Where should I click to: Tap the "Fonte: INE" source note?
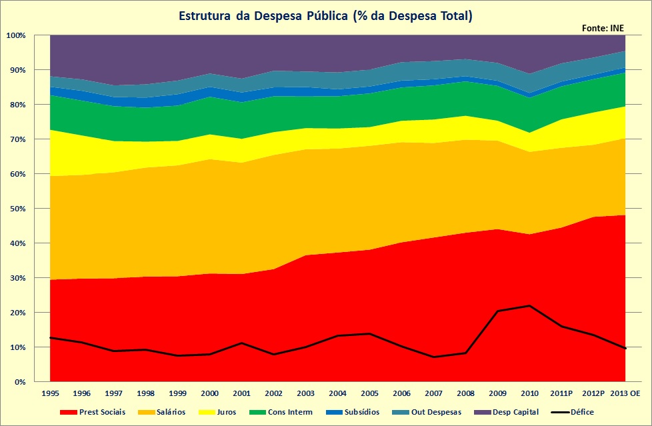point(604,28)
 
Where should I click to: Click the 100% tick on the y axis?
point(16,35)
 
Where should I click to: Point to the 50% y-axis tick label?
point(18,209)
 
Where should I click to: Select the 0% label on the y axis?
point(20,382)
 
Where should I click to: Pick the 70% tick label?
point(18,139)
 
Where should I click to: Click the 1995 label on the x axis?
point(50,394)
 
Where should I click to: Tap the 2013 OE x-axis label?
point(625,394)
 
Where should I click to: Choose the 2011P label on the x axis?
point(562,394)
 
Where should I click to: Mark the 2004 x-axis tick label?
point(338,394)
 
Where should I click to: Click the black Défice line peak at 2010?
point(529,305)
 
